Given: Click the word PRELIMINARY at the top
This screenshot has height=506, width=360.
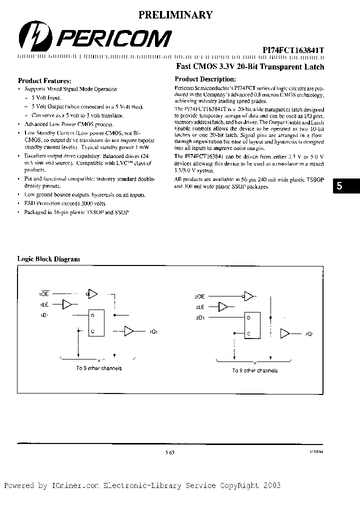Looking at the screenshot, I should click(175, 15).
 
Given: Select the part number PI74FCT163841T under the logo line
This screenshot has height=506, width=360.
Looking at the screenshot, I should click(293, 50).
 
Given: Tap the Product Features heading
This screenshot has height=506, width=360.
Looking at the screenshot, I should click(44, 80).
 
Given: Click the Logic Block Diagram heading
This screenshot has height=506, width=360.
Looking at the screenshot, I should click(48, 259).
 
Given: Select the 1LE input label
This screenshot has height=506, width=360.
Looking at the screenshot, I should click(44, 304).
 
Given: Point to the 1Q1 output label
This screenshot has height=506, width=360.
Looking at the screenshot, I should click(152, 331).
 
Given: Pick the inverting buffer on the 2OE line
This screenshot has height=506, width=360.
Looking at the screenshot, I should click(248, 296).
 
